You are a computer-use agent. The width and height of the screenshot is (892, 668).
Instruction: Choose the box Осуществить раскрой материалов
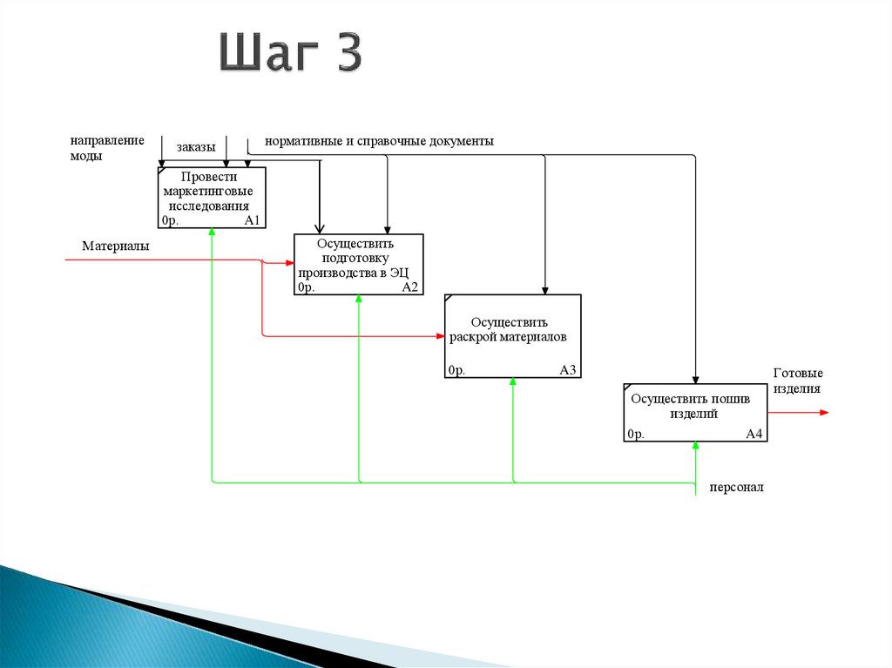click(512, 335)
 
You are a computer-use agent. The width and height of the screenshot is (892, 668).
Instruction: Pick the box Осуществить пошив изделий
click(695, 412)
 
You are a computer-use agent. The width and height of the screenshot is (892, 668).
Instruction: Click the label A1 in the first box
click(253, 220)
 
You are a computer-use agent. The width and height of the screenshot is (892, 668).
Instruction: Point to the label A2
click(409, 287)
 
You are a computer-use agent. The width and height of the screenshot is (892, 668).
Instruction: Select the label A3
click(568, 370)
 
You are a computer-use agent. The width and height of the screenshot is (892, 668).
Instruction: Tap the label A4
click(754, 434)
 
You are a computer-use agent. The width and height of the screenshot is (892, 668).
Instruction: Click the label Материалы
click(116, 246)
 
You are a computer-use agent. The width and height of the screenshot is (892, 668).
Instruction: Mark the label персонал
click(736, 489)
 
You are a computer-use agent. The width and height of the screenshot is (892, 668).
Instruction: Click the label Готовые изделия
click(798, 381)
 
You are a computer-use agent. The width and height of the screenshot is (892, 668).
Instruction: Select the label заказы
click(196, 147)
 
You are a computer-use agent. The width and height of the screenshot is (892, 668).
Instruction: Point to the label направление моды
click(107, 148)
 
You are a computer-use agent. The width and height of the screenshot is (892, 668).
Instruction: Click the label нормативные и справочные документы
click(379, 141)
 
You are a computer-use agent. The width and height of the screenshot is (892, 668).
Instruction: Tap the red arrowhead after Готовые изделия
click(824, 412)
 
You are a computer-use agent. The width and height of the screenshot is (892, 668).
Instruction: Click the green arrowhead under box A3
click(512, 383)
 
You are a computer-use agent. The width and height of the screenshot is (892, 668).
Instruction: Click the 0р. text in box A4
click(635, 434)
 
